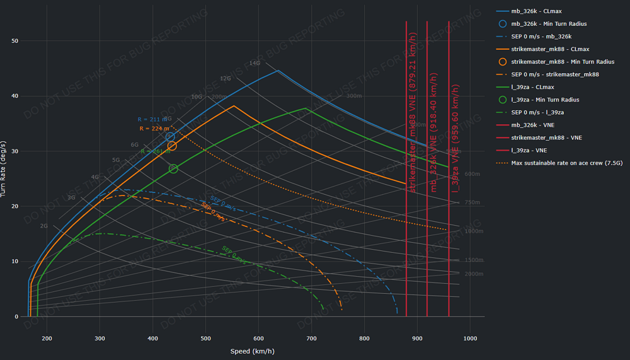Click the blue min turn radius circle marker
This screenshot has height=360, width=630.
[x=170, y=137]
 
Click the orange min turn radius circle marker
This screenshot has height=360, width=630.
[x=172, y=146]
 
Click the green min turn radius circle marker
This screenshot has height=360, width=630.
[x=173, y=168]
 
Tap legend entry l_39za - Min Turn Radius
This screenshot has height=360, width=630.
[x=545, y=100]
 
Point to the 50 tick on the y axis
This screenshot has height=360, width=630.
[x=15, y=41]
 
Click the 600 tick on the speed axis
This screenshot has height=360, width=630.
[x=258, y=339]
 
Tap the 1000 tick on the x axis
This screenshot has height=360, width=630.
[x=470, y=339]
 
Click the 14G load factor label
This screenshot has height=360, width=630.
[x=255, y=63]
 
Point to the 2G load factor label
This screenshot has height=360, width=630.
[x=43, y=226]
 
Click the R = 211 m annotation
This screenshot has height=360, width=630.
[x=152, y=119]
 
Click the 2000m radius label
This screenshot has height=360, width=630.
[x=473, y=274]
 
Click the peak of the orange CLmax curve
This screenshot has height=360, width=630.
[x=234, y=106]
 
